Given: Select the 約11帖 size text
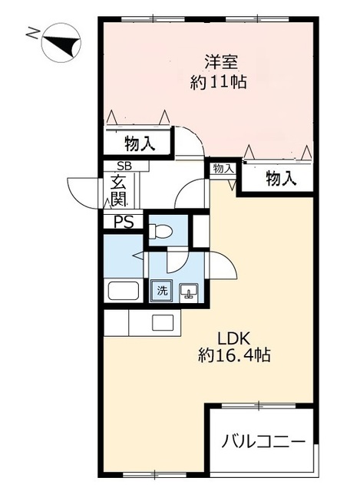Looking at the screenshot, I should (218, 82).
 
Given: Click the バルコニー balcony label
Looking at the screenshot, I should (264, 442).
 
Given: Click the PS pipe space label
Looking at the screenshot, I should (123, 222).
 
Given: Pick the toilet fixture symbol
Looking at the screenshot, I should (162, 230).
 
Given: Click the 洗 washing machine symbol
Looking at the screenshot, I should (162, 291).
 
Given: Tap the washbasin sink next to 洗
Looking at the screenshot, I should (190, 292).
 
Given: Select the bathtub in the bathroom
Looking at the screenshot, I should (123, 292).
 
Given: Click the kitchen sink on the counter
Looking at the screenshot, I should (162, 322).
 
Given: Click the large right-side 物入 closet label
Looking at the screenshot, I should (280, 178).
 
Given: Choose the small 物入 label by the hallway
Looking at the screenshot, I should (223, 168).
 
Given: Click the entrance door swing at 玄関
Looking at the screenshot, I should (83, 192).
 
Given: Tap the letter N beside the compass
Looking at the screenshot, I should (31, 33).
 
